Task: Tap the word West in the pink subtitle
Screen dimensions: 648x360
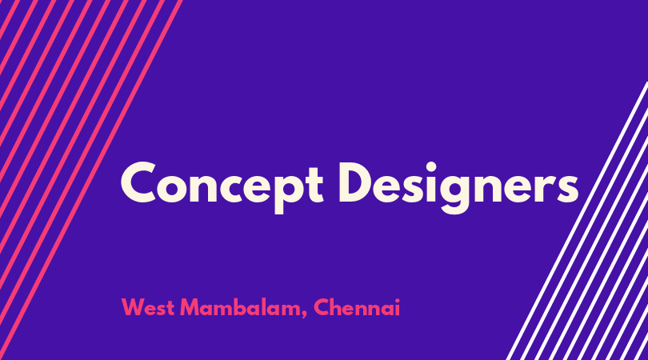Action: (147, 308)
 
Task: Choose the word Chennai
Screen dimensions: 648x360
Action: (357, 308)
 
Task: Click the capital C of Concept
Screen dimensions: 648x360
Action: (138, 182)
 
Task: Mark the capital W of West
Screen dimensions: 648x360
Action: (132, 307)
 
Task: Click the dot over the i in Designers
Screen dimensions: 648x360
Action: (430, 167)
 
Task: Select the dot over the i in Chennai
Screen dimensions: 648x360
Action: (397, 301)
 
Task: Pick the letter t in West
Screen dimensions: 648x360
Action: (170, 309)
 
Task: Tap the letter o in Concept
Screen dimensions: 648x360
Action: (173, 189)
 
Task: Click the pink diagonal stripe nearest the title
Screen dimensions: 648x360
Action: (91, 180)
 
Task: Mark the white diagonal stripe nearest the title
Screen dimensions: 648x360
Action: (578, 221)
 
